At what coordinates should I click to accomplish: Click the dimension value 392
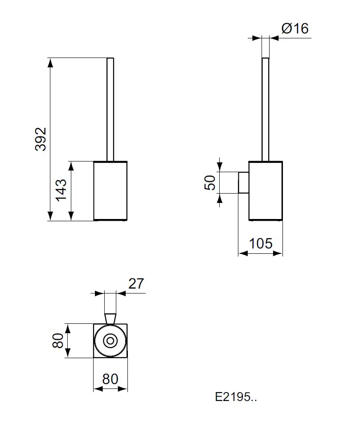[x=41, y=139]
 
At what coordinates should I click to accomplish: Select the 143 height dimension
[x=61, y=190]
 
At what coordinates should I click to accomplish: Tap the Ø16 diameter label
[x=295, y=29]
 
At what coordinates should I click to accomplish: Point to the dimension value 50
[x=210, y=182]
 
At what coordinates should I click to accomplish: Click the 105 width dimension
[x=261, y=244]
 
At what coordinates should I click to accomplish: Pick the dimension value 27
[x=137, y=284]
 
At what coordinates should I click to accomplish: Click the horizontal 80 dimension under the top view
[x=110, y=379]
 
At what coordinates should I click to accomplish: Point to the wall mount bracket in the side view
[x=244, y=182]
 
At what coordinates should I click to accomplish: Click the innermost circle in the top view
[x=110, y=341]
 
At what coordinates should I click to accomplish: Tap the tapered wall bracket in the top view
[x=110, y=318]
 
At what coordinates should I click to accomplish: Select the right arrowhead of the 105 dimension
[x=279, y=253]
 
